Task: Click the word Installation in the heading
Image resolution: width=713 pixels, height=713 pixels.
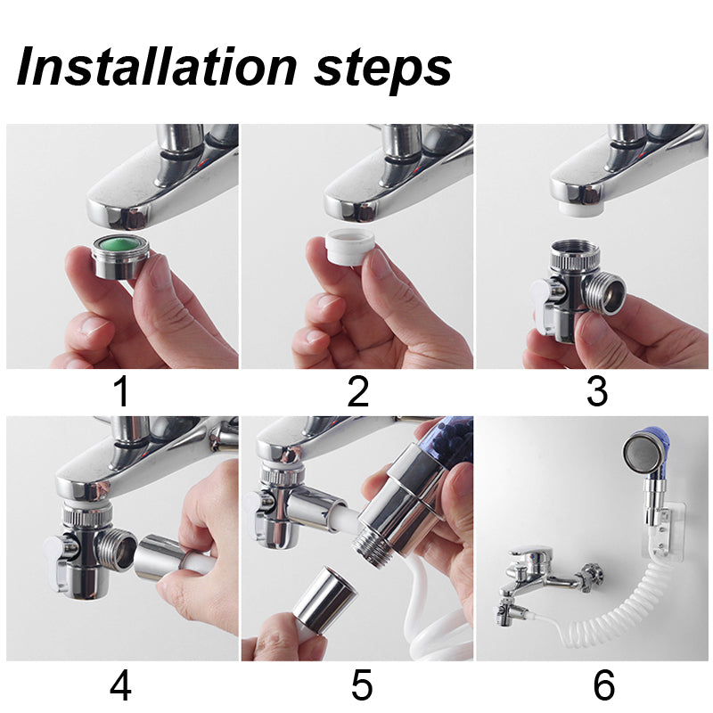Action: point(157,66)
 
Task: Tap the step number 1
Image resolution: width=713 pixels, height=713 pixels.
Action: point(122,392)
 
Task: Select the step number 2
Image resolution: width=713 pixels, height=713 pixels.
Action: point(358,392)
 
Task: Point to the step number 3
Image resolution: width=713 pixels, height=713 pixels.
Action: point(597,392)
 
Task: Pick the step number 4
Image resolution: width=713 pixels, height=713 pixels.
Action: point(121,684)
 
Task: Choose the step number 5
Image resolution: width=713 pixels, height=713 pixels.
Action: point(362,684)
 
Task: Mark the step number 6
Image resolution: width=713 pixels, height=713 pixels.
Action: point(604,684)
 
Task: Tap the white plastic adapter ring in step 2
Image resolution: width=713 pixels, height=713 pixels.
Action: point(350,247)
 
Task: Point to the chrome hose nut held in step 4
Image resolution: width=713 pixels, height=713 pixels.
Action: point(160,558)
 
